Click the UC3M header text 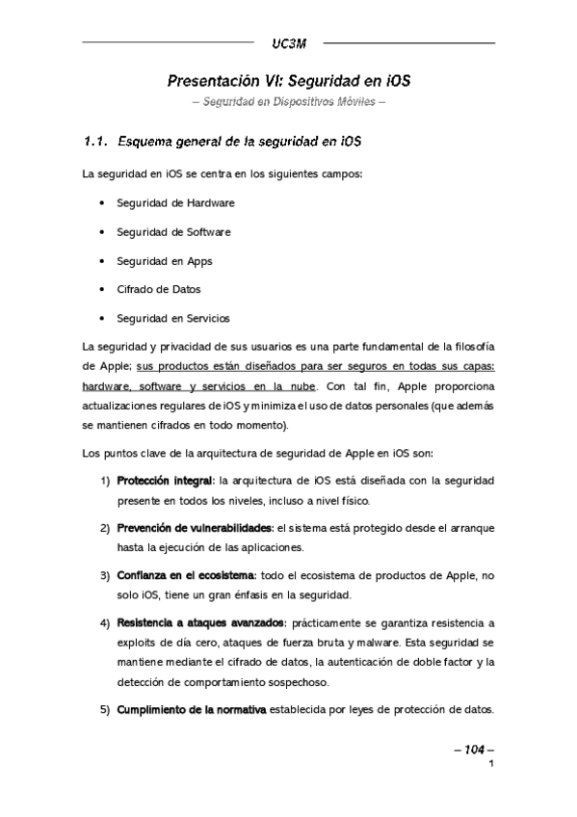[x=288, y=43]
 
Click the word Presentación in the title [x=210, y=81]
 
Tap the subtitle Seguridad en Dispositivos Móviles [x=288, y=102]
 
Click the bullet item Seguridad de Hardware [x=175, y=203]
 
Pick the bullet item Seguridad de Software [x=173, y=232]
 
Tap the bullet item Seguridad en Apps [x=164, y=261]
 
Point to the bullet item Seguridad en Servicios [x=172, y=318]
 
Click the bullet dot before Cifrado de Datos [x=102, y=289]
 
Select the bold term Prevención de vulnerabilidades [x=195, y=528]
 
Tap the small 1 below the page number [x=491, y=765]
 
